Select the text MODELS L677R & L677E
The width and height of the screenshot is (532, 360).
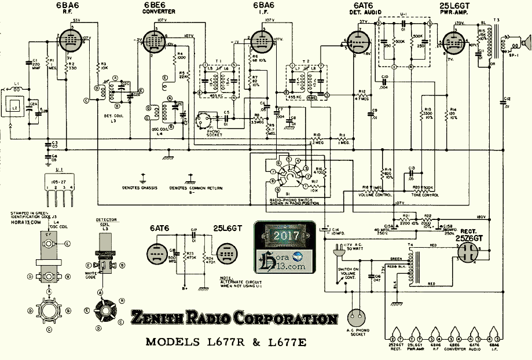(226, 341)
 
